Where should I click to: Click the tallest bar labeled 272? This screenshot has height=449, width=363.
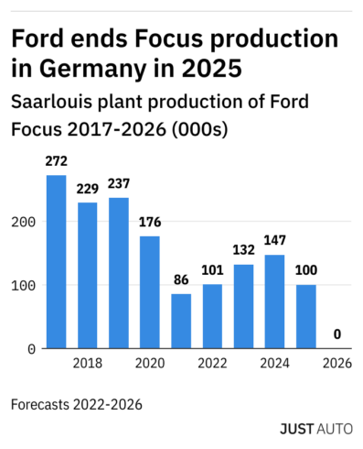56,261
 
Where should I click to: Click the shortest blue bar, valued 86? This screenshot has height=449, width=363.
181,321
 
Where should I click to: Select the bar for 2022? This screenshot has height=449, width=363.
212,316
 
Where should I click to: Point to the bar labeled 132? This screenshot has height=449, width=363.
243,306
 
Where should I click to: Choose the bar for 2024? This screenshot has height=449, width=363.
274,301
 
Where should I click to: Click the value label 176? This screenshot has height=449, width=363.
149,221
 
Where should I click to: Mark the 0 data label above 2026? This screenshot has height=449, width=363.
337,334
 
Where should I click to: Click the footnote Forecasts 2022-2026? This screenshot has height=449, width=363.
78,402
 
